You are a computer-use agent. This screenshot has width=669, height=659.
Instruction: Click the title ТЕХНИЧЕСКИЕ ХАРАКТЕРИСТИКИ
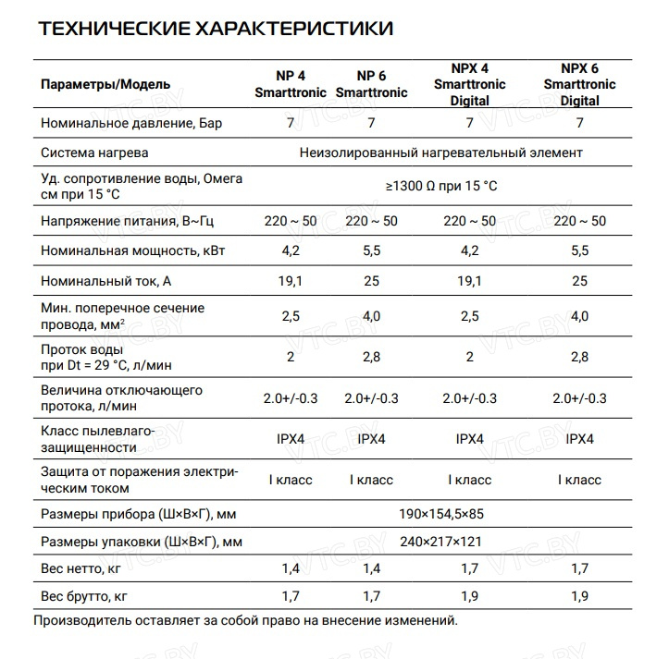coord(216,29)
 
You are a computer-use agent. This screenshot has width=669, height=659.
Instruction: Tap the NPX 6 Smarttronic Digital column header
coord(579,84)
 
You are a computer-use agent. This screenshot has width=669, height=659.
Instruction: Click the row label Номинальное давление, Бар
coord(132,123)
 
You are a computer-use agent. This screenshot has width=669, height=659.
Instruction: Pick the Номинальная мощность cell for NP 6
coord(371,250)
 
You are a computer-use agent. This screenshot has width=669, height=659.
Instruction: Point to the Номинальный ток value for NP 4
coord(291,280)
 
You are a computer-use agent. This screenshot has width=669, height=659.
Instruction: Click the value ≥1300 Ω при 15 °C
coord(441,186)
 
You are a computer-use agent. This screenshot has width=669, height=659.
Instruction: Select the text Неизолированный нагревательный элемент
coord(441,153)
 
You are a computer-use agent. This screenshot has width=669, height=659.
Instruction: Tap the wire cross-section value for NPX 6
coord(580,316)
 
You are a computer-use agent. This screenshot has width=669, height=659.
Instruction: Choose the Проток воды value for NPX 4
coord(469,357)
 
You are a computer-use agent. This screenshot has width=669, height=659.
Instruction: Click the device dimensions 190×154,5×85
coord(441,513)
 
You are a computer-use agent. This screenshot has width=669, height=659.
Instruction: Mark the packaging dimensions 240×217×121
coord(441,541)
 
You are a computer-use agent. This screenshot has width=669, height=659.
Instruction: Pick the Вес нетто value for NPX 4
coord(469,568)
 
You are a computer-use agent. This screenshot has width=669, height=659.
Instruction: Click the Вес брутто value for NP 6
coord(371,596)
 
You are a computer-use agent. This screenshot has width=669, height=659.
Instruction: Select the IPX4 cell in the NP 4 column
coord(291,439)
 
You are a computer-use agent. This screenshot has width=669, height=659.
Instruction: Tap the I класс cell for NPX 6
coord(580,480)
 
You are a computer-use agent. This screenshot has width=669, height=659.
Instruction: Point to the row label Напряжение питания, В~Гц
coord(120,221)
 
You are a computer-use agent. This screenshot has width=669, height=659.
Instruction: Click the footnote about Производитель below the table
coord(245,621)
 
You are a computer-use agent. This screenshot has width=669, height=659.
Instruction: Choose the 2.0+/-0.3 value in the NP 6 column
coord(371,398)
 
